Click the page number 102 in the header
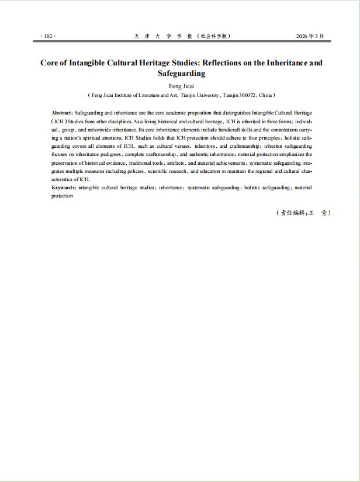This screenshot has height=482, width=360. (47, 36)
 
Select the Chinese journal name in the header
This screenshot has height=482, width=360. (182, 36)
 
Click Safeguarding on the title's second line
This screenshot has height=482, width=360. (181, 74)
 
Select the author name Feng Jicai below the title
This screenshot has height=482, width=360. (181, 86)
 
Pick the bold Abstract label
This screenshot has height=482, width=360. (62, 112)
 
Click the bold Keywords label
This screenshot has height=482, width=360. (64, 188)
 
